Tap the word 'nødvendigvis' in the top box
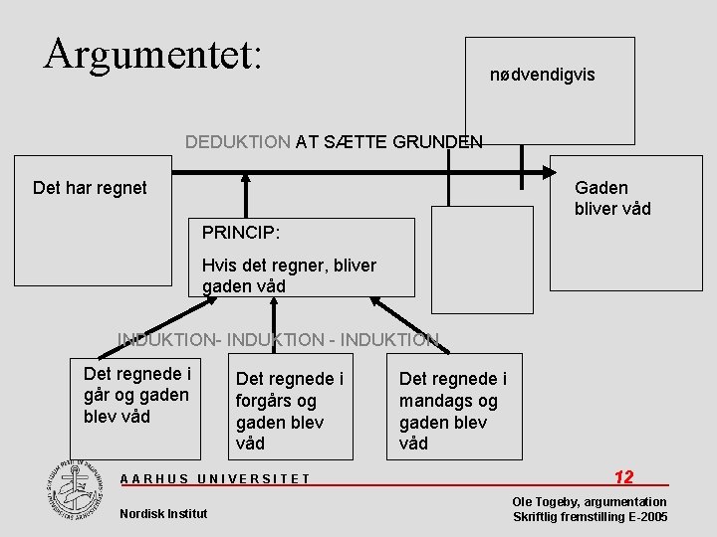tap(543, 75)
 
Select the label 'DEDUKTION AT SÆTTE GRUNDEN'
tap(334, 141)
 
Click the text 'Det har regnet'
tap(90, 187)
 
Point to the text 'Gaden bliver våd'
tap(612, 198)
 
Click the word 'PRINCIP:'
tap(240, 233)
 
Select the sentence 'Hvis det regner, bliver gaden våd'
tap(289, 275)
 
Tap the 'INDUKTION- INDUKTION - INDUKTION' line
tap(278, 340)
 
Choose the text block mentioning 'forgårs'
tap(290, 411)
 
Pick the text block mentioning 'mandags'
tap(452, 411)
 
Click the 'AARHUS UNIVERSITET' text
tap(215, 478)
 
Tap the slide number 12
tap(624, 477)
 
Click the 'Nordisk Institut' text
tap(163, 513)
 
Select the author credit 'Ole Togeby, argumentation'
tap(590, 501)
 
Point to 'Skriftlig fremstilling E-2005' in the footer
tap(590, 517)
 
